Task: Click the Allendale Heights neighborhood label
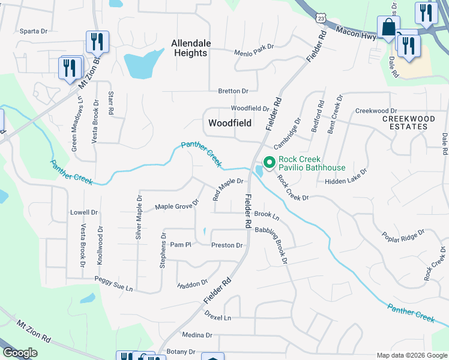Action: coord(190,48)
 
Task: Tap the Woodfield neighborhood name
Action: coord(229,123)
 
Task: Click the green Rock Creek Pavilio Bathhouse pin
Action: coord(269,162)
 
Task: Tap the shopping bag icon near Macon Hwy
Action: coord(388,28)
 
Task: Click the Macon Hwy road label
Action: coord(356,32)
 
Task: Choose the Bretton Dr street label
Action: coord(233,91)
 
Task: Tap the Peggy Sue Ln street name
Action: coord(113,284)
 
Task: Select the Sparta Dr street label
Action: coord(33,31)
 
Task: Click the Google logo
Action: coord(20,353)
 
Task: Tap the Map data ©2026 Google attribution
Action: coord(411,355)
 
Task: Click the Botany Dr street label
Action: coord(181,352)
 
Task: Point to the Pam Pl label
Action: coord(180,245)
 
